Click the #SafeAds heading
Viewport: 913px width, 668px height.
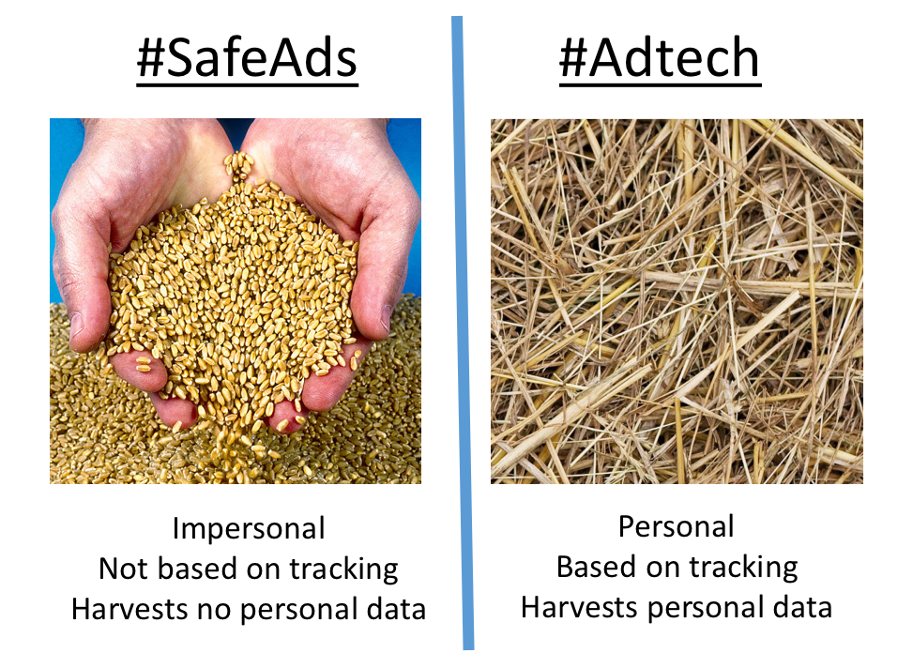coord(247,60)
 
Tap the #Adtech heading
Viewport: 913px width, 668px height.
coord(659,60)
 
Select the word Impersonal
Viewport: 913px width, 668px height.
coord(249,528)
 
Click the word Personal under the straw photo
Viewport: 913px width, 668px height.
coord(676,526)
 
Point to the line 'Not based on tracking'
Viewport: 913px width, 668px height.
coord(249,569)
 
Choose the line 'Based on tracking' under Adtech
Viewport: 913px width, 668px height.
coord(677,567)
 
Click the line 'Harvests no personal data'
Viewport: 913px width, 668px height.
coord(249,609)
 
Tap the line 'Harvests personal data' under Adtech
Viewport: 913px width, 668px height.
coord(677,607)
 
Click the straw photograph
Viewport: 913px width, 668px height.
coord(677,300)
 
